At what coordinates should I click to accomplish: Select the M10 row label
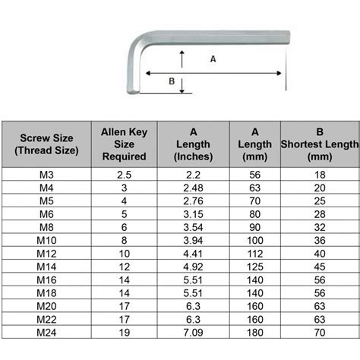click(46, 239)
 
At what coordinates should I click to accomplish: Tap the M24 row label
click(46, 332)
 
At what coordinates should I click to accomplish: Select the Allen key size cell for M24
click(124, 332)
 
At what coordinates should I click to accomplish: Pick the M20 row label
click(46, 305)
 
